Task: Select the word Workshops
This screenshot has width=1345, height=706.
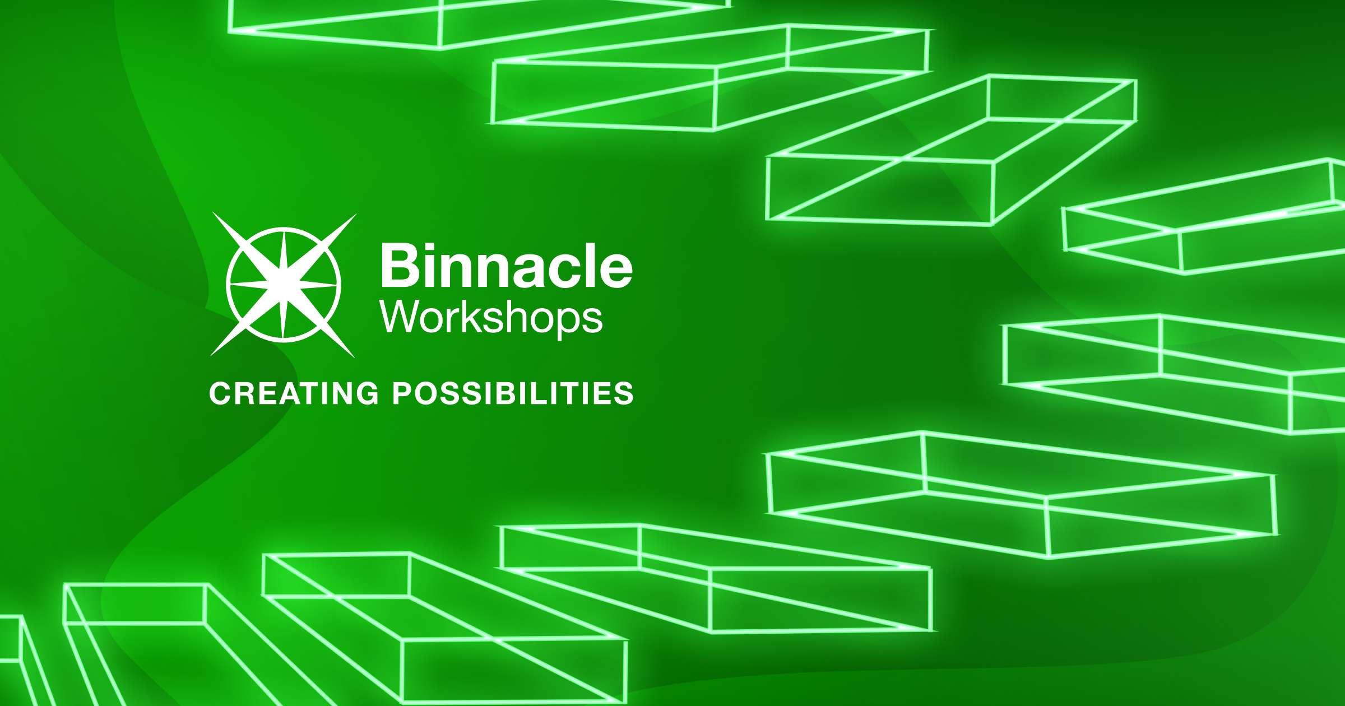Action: tap(491, 318)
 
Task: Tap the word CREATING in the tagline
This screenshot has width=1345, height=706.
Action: tap(294, 393)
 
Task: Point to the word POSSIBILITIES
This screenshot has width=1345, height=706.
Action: tap(513, 393)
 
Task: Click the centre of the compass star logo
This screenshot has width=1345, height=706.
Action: tap(284, 285)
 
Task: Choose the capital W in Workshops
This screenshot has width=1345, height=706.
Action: tap(400, 317)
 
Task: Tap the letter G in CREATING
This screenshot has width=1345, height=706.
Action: tap(368, 393)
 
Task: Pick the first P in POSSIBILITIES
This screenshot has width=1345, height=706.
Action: tap(402, 393)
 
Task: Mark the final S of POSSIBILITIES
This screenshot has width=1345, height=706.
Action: tap(624, 393)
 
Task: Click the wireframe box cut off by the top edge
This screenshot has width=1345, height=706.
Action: tap(476, 22)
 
